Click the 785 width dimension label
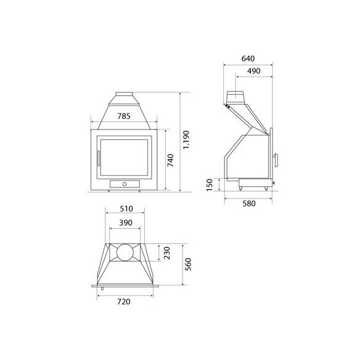[x=124, y=116]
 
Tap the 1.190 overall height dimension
[x=186, y=140]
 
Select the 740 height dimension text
[x=170, y=160]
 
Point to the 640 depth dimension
[x=248, y=59]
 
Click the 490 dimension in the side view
[x=254, y=71]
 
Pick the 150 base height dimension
[x=210, y=185]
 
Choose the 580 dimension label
[x=249, y=203]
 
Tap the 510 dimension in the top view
[x=126, y=209]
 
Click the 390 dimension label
[x=126, y=223]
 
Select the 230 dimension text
[x=167, y=253]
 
